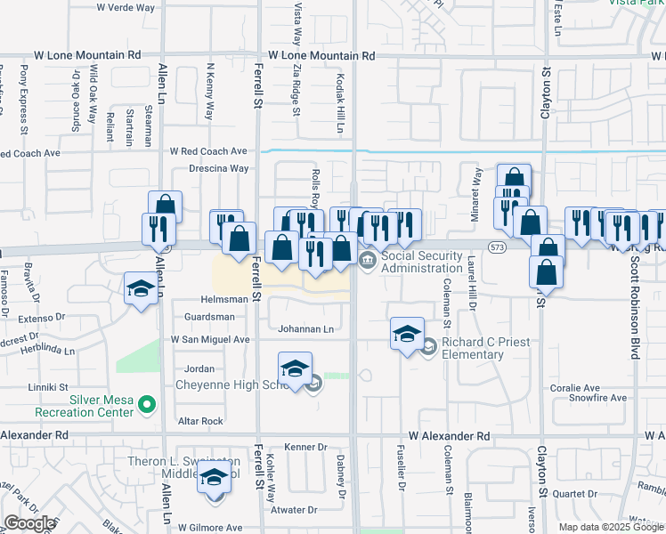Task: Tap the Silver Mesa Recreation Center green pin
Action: pyautogui.click(x=149, y=406)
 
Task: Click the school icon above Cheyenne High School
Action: pyautogui.click(x=295, y=368)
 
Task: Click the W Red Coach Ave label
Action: pyautogui.click(x=208, y=151)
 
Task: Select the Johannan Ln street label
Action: pyautogui.click(x=305, y=329)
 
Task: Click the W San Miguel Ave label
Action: pyautogui.click(x=210, y=339)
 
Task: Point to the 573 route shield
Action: pyautogui.click(x=497, y=244)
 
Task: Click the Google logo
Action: pyautogui.click(x=29, y=523)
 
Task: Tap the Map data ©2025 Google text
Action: pyautogui.click(x=611, y=527)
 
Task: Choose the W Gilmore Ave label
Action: pyautogui.click(x=210, y=528)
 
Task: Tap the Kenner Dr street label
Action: pyautogui.click(x=305, y=447)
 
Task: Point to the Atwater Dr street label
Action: pyautogui.click(x=294, y=510)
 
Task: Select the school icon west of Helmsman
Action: pyautogui.click(x=140, y=289)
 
